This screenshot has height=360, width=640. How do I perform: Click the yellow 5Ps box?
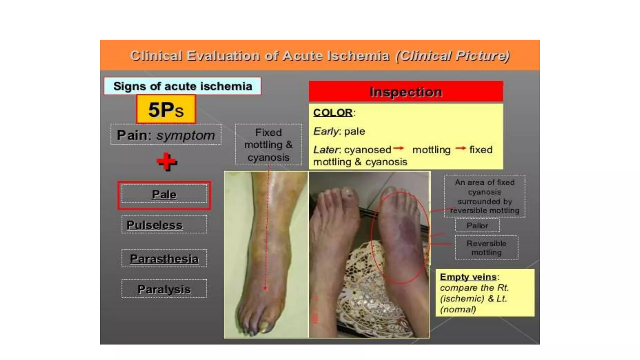coord(166,109)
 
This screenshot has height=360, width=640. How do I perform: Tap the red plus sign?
coord(167,162)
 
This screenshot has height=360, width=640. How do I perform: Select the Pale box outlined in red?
coord(164,195)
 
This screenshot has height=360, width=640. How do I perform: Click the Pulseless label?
coord(155,225)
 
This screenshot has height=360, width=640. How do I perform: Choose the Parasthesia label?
coord(164,258)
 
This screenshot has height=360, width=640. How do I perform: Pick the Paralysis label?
coord(164,289)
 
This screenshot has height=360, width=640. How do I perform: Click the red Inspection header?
coord(406,92)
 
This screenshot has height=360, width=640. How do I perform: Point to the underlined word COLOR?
coord(333,112)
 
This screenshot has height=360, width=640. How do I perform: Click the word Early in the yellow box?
coord(325,131)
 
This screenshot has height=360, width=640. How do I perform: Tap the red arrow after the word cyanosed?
coord(398,148)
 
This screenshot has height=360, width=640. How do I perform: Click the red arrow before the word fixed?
coord(461,148)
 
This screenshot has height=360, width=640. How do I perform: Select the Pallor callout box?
coord(477,225)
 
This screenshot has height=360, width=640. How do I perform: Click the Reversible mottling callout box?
coord(486,248)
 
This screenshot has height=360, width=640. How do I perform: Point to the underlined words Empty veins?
coord(468,277)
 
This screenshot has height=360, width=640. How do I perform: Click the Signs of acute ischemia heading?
coord(182,86)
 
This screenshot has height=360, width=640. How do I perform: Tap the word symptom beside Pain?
coord(186,135)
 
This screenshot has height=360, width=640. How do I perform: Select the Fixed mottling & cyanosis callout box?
coord(268,145)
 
